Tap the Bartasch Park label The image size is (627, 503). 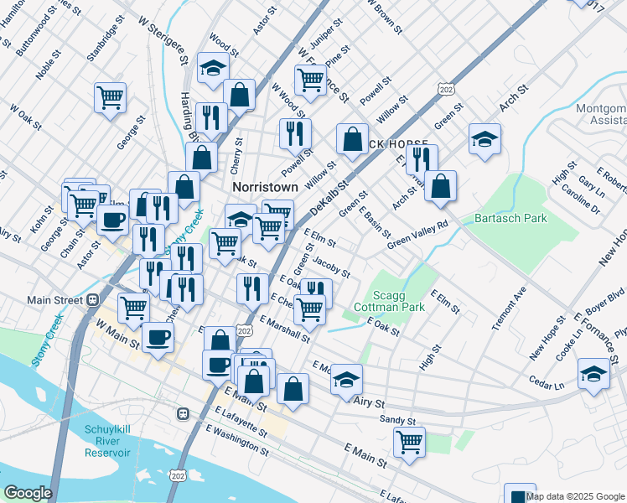tap(511, 219)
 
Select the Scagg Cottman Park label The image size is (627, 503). tap(398, 301)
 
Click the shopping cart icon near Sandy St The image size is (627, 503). tap(409, 441)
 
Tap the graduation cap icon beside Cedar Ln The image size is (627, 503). tap(593, 374)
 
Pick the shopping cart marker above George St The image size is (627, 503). tap(110, 97)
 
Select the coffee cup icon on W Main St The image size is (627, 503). tap(157, 337)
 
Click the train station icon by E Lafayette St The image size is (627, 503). tap(181, 413)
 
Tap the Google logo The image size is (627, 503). tap(28, 493)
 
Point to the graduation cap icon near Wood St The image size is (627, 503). tap(213, 68)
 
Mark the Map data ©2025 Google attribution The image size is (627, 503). tap(576, 496)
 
